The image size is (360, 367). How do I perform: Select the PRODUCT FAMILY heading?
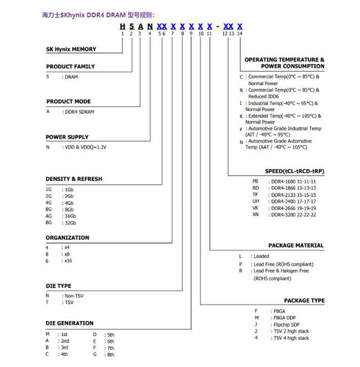(70, 66)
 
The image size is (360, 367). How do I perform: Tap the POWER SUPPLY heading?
(67, 137)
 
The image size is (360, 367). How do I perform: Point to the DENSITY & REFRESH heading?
(74, 179)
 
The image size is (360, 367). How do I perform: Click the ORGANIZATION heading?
(67, 238)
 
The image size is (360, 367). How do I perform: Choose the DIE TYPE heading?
(58, 286)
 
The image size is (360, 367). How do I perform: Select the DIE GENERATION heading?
(70, 323)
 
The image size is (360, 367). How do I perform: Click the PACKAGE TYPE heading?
(304, 301)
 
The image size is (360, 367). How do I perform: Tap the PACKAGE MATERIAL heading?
(296, 245)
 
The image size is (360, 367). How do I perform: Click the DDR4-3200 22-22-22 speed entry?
(293, 214)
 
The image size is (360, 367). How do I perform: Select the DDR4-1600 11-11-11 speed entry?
(293, 181)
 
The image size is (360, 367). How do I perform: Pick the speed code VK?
(255, 208)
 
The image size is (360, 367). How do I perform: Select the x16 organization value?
(68, 261)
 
